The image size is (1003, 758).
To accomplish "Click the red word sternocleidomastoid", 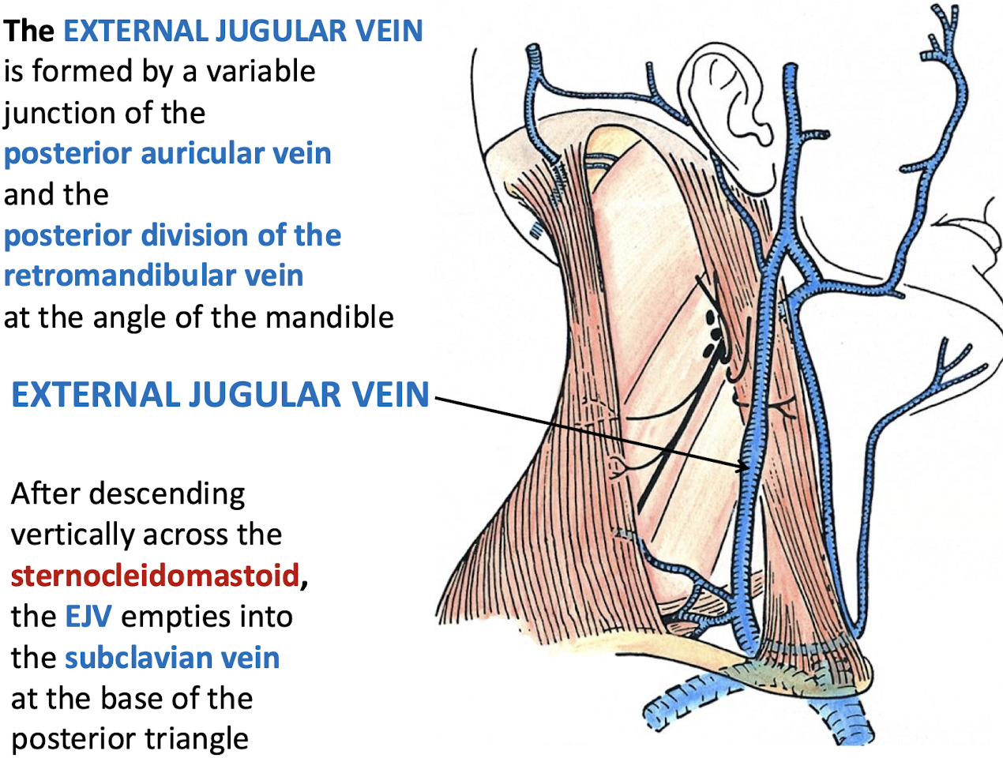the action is click(155, 576).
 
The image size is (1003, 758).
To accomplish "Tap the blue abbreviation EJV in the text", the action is click(88, 617).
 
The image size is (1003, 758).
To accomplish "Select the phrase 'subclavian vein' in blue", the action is click(172, 658).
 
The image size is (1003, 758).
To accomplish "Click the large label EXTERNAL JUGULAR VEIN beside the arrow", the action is click(220, 395).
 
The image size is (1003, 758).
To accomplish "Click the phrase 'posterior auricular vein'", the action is click(167, 153).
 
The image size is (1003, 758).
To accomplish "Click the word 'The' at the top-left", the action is click(28, 31).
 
